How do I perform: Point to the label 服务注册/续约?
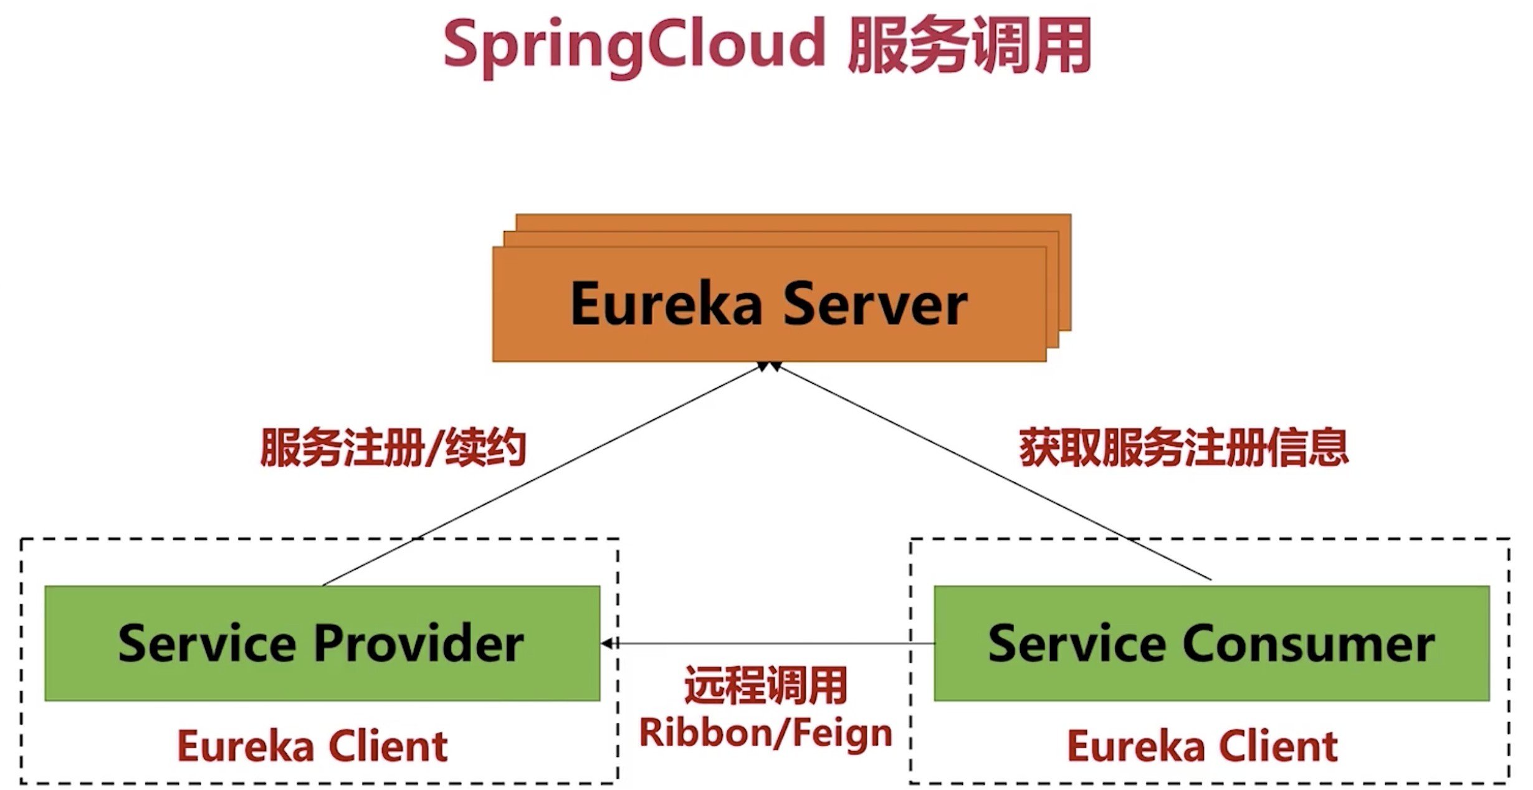pos(393,447)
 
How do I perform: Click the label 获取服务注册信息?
pos(1183,447)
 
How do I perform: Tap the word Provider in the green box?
pos(419,643)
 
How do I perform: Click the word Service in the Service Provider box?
pos(207,643)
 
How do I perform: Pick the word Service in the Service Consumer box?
pos(1077,643)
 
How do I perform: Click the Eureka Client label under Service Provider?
pos(312,746)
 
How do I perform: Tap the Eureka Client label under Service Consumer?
pos(1202,746)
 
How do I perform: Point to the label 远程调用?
pos(766,685)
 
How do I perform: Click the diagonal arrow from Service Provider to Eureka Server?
pos(542,475)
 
